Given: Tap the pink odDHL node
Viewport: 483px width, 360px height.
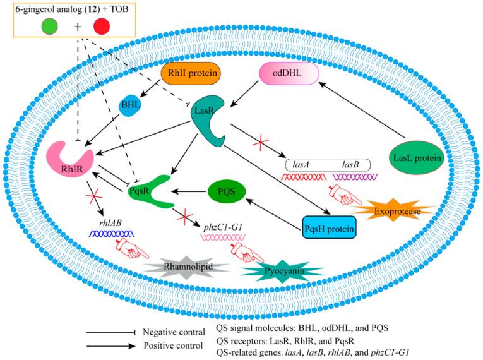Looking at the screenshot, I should (285, 76).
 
